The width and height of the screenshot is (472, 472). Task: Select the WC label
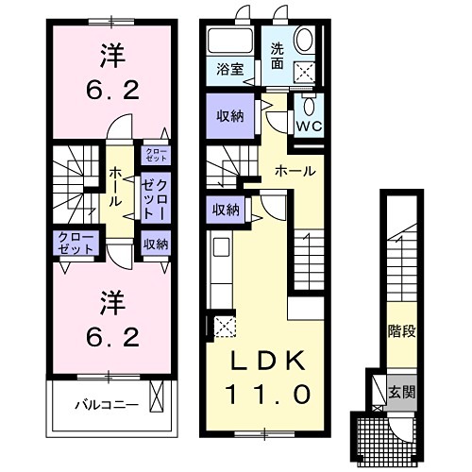point(309,124)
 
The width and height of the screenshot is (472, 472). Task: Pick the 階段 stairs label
point(401,331)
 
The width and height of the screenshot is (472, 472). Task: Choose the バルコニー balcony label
point(108,405)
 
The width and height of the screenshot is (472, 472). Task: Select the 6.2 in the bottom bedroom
point(110,336)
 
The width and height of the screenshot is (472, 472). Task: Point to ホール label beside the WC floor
point(295,171)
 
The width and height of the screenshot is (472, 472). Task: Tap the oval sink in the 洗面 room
point(307,39)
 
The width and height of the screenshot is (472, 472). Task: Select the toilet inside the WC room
point(309,103)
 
